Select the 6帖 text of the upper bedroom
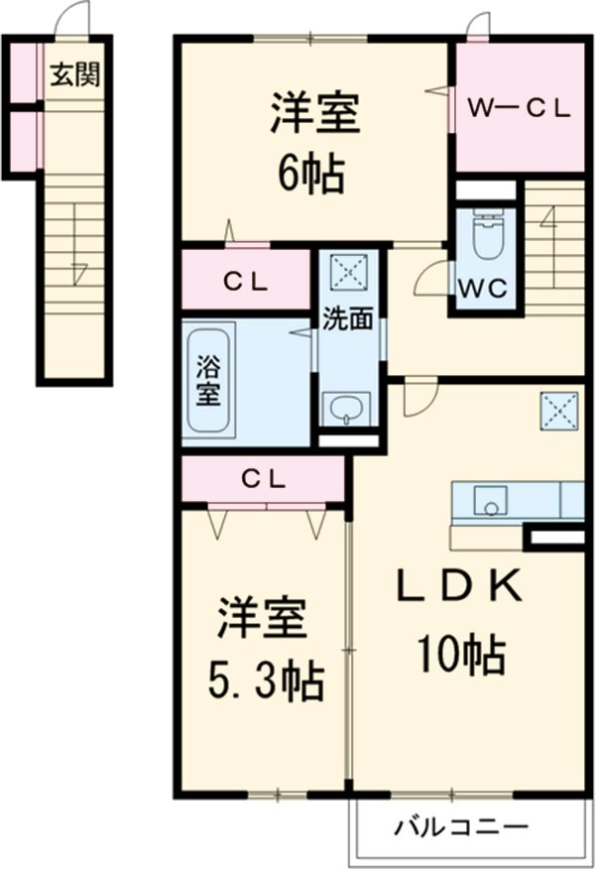click(310, 176)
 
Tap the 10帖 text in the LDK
click(460, 654)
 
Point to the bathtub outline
click(207, 379)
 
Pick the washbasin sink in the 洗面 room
click(346, 408)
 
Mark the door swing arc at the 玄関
click(71, 18)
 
